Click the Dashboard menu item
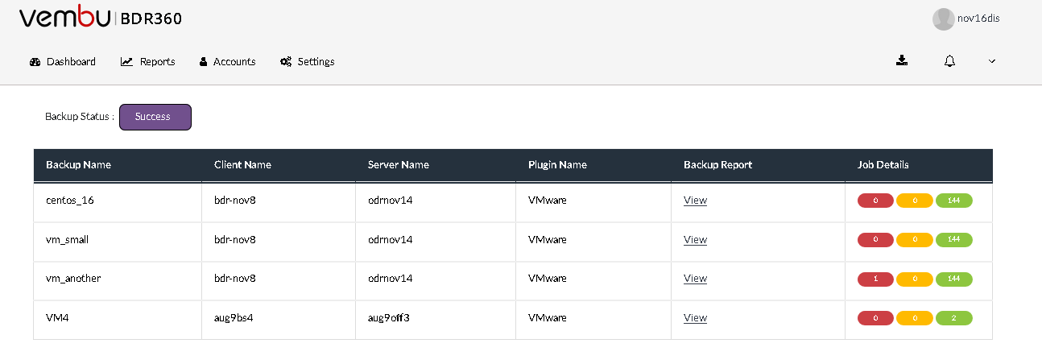62,61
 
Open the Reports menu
147,61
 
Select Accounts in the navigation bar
227,61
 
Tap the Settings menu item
307,61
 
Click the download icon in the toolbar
902,60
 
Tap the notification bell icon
949,61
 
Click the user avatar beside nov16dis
944,19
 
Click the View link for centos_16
695,200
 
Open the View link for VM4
695,317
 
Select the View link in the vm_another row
695,278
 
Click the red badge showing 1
875,279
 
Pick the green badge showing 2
953,318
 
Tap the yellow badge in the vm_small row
914,239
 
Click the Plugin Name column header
557,164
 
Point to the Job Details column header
883,164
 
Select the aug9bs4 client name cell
234,317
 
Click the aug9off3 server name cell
388,317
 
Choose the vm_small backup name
67,239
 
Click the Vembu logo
64,17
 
